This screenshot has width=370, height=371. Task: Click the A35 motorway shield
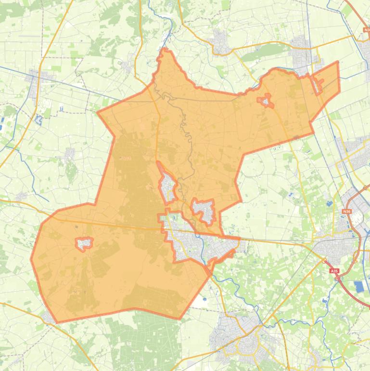pos(335,271)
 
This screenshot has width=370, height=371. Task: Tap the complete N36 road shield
pos(347,211)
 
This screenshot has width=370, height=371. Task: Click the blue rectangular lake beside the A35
pos(359,287)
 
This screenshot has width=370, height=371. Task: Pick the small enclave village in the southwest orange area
pos(84,244)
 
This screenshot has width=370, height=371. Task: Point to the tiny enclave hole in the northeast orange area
pos(265,101)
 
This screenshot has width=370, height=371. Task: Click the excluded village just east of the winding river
pos(204,209)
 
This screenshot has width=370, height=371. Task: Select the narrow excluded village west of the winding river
pos(168,185)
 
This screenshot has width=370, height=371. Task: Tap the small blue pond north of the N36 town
pos(329,204)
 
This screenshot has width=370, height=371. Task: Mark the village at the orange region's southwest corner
pos(48,317)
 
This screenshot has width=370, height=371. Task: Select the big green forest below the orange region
pos(140,337)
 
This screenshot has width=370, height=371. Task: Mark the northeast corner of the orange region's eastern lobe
pos(338,62)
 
